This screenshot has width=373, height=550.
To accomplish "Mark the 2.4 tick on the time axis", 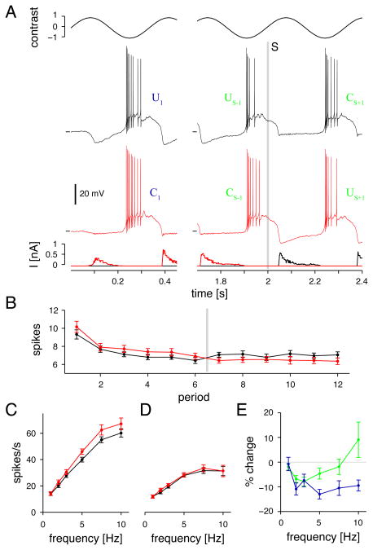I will (x=362, y=279).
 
